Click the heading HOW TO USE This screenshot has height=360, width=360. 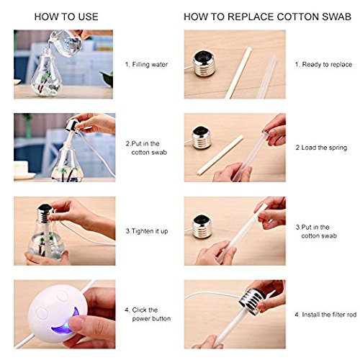coord(66,17)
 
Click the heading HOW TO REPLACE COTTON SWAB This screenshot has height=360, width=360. coord(267,17)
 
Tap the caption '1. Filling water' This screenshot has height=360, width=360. coord(146,64)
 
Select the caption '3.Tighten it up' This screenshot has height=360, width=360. coord(147,231)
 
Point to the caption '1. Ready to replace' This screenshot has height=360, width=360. coord(323,64)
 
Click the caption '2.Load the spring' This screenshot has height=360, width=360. coord(321,148)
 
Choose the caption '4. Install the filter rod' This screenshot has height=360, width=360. coord(325,315)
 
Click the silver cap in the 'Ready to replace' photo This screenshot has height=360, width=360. coord(204,63)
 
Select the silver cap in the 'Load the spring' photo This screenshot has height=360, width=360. coord(202,138)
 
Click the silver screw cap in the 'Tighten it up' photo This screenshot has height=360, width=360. coord(45,212)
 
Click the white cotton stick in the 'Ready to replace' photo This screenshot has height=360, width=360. coord(238,73)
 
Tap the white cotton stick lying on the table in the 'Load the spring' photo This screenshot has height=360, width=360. coord(220,155)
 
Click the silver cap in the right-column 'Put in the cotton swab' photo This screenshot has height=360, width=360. coord(202,227)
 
